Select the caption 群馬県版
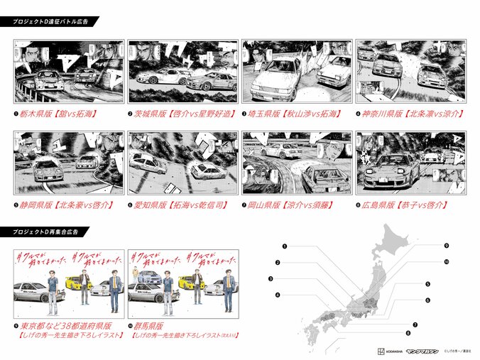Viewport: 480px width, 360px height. coord(151,324)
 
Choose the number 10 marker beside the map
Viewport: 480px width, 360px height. coord(447,262)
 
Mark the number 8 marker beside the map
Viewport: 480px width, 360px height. coord(408,332)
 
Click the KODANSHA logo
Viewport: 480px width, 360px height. coord(386,350)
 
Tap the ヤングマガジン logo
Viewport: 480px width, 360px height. coord(423,350)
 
